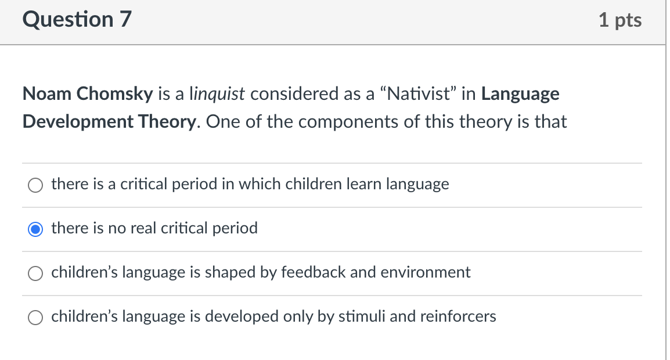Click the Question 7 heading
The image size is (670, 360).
[x=77, y=20]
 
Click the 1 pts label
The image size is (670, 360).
[x=620, y=20]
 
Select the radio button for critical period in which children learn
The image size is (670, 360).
[x=35, y=185]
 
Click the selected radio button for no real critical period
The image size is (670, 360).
[x=35, y=229]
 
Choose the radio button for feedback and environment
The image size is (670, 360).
[x=35, y=273]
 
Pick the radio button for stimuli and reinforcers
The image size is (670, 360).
[x=35, y=317]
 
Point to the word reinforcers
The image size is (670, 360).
[x=458, y=316]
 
